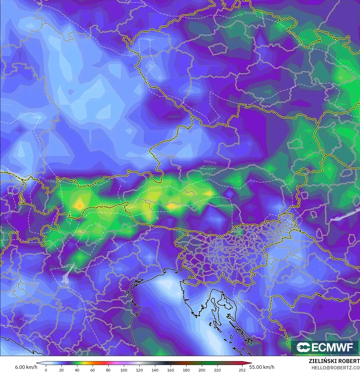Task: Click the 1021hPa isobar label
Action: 250,13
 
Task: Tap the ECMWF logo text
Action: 332,347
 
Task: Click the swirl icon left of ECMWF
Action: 303,347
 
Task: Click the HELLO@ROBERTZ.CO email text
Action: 335,368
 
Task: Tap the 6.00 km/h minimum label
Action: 26,367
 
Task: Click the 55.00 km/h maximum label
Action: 262,367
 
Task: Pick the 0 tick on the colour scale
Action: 46,370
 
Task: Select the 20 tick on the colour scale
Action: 61,370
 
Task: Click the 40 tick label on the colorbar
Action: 77,370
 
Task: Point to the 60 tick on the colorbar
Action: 92,370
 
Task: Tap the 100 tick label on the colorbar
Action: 124,370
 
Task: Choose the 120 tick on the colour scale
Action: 139,370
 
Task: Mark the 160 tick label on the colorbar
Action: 171,370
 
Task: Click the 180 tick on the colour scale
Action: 186,370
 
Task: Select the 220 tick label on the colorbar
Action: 217,370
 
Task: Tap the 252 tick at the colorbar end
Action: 242,370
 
